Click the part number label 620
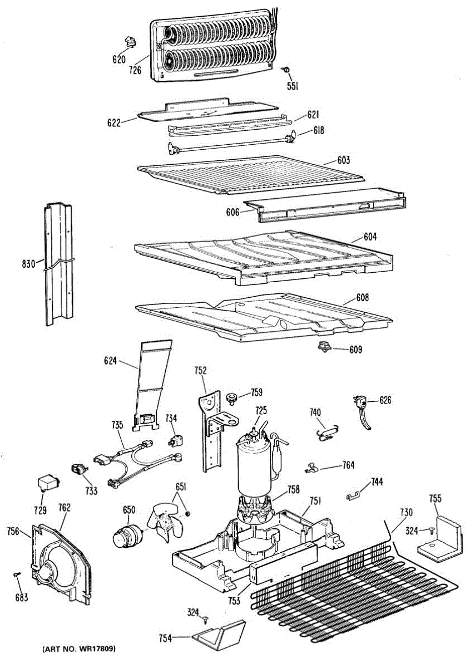[119, 60]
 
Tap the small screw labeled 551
[285, 70]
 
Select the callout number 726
[135, 70]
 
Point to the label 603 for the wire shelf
[343, 160]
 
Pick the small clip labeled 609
[323, 347]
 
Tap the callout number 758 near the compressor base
[293, 490]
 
